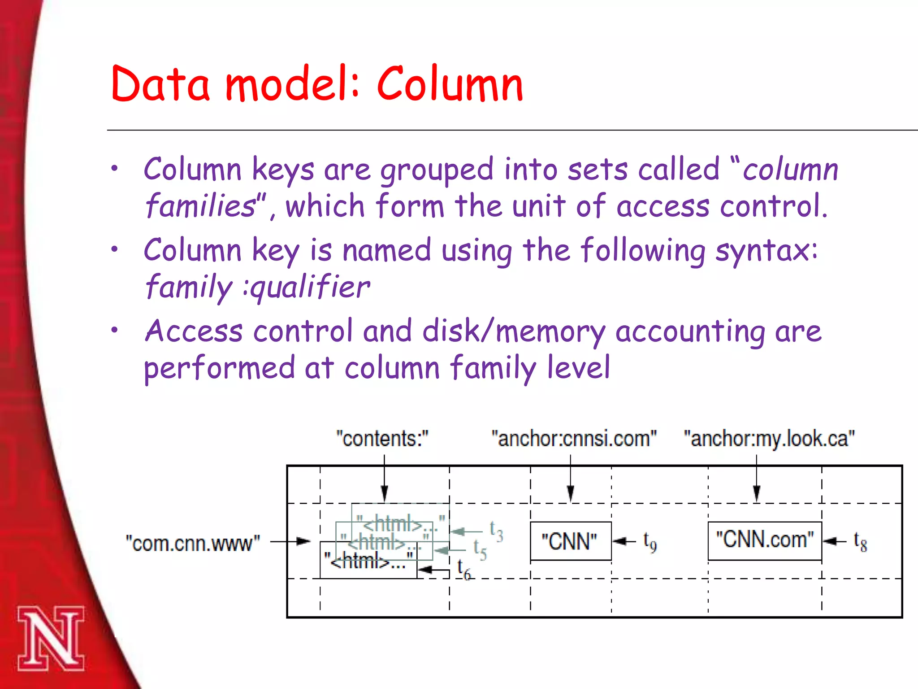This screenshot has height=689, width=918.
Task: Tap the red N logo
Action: coord(51,638)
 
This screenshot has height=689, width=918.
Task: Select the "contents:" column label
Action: coord(382,438)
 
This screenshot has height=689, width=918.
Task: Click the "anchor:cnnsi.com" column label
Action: coord(574,438)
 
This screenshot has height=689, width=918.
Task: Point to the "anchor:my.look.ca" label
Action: coord(769,438)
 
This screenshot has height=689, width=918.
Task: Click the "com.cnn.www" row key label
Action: coord(193,543)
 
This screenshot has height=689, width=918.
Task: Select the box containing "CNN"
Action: coord(570,541)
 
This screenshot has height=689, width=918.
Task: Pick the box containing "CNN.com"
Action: coord(765,540)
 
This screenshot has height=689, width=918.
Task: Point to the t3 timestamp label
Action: coord(496,531)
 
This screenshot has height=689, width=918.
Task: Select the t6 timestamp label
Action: coord(463,570)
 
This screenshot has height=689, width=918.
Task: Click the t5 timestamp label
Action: coord(480,549)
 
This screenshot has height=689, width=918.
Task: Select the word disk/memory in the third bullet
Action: coord(514,331)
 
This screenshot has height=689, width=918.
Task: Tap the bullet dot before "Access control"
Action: coord(115,330)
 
